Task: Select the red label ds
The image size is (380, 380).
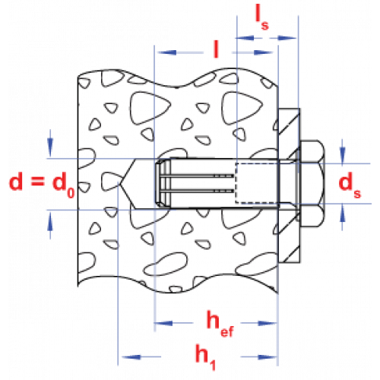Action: click(350, 185)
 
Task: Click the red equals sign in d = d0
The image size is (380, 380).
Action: click(38, 182)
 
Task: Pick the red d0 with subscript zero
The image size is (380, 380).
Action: click(64, 185)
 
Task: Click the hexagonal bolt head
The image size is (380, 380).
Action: click(312, 183)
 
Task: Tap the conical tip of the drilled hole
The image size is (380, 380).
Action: click(119, 183)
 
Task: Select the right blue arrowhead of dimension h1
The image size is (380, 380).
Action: click(268, 357)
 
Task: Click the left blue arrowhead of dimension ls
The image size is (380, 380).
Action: click(245, 38)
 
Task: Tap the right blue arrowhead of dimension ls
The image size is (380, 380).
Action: click(287, 38)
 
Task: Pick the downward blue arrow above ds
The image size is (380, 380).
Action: click(343, 151)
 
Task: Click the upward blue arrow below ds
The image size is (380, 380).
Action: click(343, 217)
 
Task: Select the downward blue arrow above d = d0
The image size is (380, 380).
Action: click(50, 144)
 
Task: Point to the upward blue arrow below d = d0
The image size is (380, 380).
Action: click(50, 225)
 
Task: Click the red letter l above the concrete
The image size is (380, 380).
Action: click(216, 49)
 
